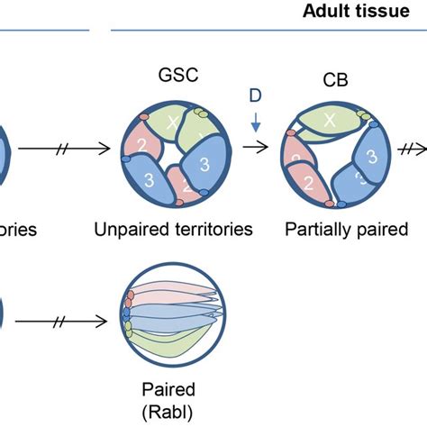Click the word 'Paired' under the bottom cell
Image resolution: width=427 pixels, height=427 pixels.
165,390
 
